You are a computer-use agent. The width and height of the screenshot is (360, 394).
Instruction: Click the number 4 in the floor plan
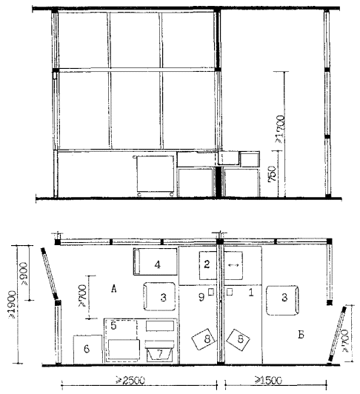click(x=157, y=264)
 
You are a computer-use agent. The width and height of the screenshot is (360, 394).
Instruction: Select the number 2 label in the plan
click(x=207, y=264)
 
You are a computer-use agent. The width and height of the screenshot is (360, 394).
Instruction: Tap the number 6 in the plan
click(x=87, y=349)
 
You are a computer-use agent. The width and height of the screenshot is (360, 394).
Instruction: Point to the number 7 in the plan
click(x=160, y=354)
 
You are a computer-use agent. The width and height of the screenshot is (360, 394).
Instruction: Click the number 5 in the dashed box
click(x=113, y=326)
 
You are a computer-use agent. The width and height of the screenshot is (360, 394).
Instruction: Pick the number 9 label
click(x=201, y=297)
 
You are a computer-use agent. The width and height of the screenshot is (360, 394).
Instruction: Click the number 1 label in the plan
click(x=250, y=293)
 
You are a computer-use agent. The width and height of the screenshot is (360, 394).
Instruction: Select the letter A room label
click(x=114, y=289)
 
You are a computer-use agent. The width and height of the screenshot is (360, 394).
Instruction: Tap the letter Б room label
click(x=301, y=335)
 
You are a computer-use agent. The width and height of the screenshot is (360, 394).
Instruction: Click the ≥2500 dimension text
click(x=130, y=380)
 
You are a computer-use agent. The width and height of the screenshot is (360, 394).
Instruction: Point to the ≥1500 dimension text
click(x=268, y=380)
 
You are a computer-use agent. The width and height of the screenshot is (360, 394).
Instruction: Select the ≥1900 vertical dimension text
click(x=13, y=304)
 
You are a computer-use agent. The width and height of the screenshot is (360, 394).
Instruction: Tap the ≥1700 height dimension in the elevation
click(x=280, y=129)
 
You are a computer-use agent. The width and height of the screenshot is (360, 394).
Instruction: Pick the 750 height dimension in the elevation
click(x=272, y=173)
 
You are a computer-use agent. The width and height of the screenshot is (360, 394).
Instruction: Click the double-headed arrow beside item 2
click(x=233, y=265)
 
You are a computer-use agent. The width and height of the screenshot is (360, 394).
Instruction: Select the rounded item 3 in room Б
click(x=282, y=300)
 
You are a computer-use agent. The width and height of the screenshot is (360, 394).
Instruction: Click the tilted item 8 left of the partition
click(x=204, y=339)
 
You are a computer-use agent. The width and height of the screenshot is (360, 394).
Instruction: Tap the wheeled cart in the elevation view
click(x=154, y=176)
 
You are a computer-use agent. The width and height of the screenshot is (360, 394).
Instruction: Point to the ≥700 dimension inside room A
click(x=82, y=295)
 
